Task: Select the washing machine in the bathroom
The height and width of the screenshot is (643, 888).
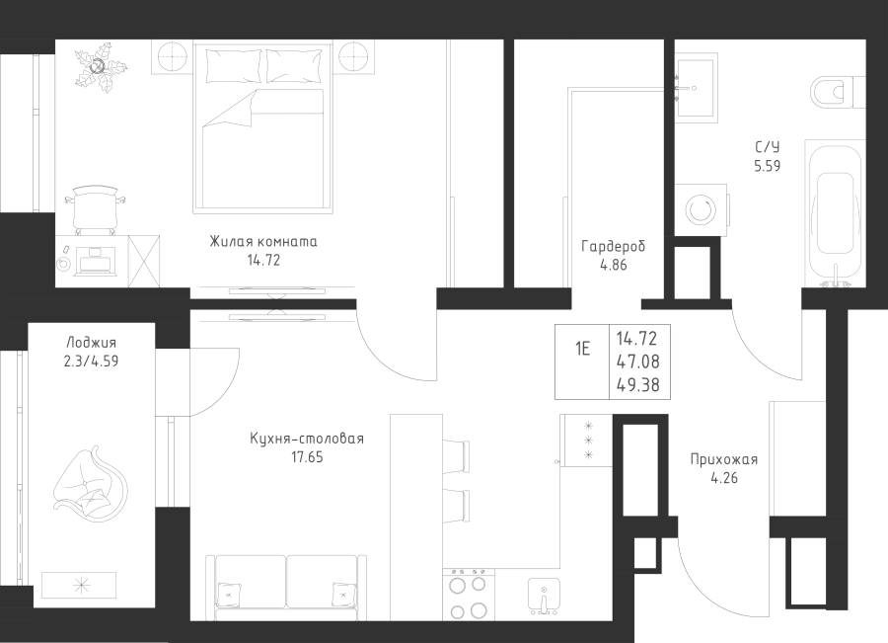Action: [702, 209]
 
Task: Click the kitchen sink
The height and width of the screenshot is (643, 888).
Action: [544, 596]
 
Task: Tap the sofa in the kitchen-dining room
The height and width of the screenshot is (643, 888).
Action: [286, 588]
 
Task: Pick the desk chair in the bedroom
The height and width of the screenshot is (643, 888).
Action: [95, 209]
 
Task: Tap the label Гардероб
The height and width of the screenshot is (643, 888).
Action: [614, 246]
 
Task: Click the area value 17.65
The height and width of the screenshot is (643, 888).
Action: [307, 457]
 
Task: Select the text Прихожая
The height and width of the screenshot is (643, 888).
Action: [724, 459]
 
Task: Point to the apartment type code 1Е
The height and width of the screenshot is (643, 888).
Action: [582, 349]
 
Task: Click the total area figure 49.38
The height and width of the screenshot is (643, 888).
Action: [637, 385]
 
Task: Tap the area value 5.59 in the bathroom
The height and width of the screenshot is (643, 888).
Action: [768, 166]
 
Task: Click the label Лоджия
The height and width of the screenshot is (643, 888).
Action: [91, 343]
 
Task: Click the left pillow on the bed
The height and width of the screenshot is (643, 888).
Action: [234, 66]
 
